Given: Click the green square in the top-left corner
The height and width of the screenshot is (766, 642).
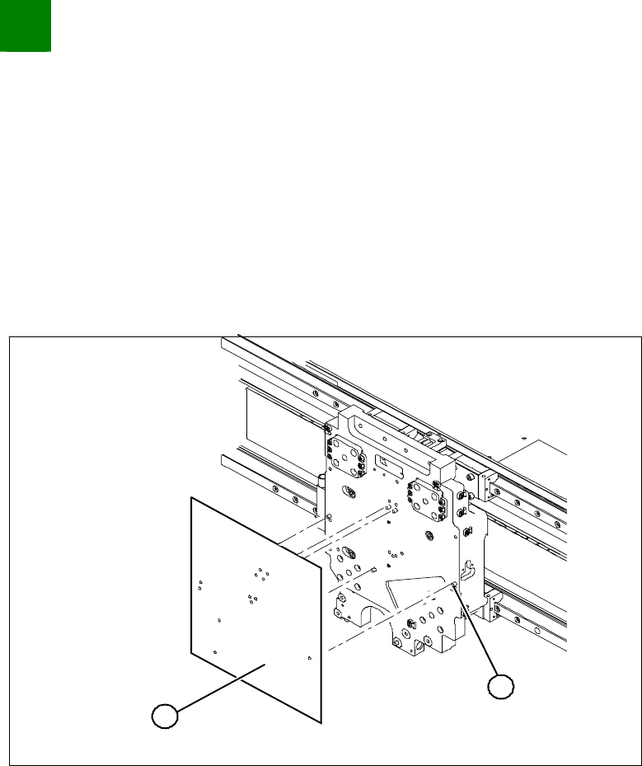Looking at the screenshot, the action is [x=26, y=26].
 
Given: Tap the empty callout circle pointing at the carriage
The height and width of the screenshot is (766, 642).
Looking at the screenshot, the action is [x=502, y=687].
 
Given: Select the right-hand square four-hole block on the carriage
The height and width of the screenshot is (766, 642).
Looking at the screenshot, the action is [x=424, y=500].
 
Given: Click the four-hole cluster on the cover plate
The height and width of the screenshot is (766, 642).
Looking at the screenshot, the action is [x=262, y=571].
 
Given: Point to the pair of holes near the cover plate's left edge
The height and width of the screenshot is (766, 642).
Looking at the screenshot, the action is [x=200, y=585].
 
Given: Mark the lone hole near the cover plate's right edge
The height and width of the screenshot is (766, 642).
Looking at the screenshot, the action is [x=308, y=658].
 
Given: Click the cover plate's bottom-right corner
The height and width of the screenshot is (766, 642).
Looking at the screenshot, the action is [x=318, y=724].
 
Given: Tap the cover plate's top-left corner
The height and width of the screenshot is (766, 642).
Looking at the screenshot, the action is [x=191, y=498].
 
